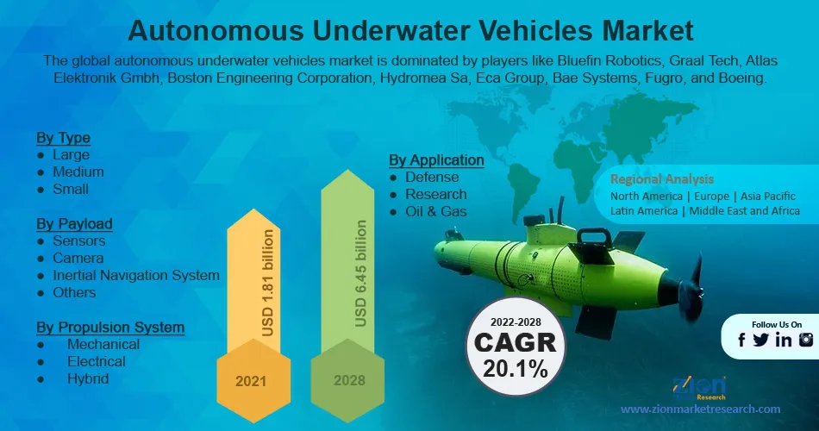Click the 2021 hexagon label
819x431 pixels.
point(251,381)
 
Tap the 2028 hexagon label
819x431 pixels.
point(349,380)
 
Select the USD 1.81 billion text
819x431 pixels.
point(267,283)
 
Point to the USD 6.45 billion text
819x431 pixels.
point(360,273)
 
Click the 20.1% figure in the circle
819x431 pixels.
point(516,368)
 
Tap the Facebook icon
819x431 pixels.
point(741,340)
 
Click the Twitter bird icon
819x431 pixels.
point(760,340)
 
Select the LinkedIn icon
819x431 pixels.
point(784,340)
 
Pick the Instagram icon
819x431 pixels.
point(806,340)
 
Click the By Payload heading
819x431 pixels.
point(74,223)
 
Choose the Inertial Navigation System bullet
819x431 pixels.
point(136,275)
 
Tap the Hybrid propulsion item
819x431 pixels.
point(88,378)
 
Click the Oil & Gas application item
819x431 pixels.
point(435,211)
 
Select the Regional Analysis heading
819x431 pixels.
point(662,179)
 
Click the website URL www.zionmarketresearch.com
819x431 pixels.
point(700,409)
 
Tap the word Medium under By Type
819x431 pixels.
point(78,172)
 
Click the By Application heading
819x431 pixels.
point(436,159)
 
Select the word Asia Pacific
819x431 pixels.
point(768,197)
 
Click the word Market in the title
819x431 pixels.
point(647,30)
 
